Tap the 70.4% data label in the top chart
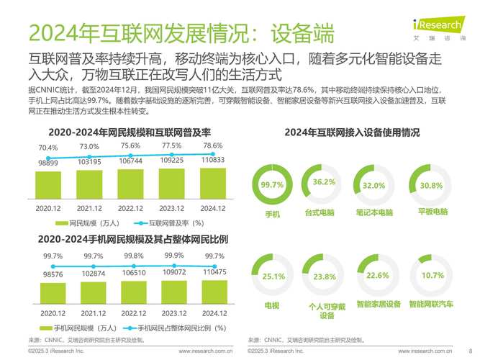(x=47, y=148)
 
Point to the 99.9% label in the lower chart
(x=173, y=256)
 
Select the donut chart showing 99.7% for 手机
(x=272, y=186)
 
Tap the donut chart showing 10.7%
(x=432, y=276)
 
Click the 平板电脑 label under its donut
(x=433, y=212)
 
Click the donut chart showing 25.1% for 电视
(x=272, y=276)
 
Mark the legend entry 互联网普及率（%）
(x=167, y=223)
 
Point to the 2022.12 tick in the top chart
(x=130, y=208)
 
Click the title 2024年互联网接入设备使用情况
(x=352, y=132)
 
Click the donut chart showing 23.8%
(x=324, y=276)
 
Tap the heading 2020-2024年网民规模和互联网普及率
(x=130, y=132)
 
